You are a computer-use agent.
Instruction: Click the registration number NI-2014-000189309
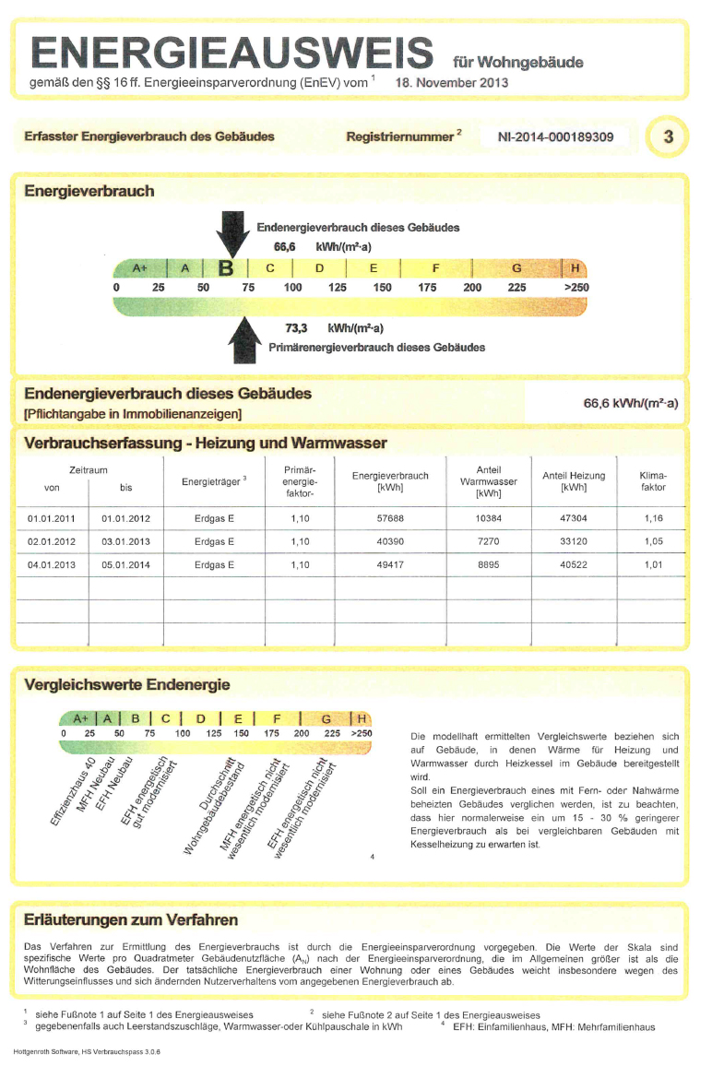coord(555,136)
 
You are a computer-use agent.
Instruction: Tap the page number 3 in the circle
coord(668,136)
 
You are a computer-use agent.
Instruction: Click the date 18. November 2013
coord(452,82)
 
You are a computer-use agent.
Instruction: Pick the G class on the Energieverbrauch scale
coord(516,268)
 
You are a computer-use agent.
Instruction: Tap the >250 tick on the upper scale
coord(576,288)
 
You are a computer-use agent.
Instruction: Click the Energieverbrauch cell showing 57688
coord(390,518)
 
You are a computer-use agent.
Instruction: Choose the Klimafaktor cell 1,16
coord(653,518)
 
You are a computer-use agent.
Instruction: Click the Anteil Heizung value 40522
coord(574,564)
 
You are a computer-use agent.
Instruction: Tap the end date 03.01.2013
coord(125,541)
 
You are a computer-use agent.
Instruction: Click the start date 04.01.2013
coord(52,564)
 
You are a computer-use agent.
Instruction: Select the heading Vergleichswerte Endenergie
coord(126,684)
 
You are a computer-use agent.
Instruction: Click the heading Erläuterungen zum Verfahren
coord(130,920)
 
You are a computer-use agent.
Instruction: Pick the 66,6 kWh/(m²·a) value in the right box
coord(631,403)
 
